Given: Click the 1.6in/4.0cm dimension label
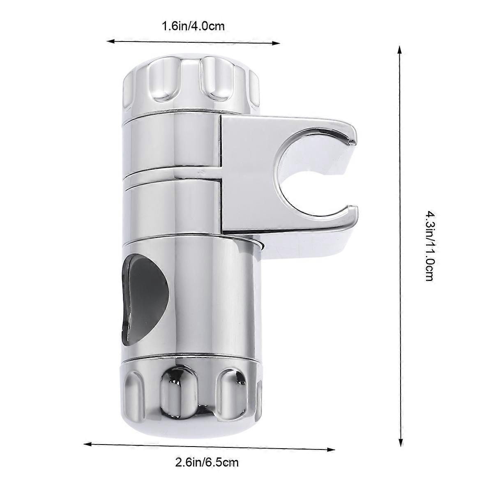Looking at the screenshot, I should tap(194, 27).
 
